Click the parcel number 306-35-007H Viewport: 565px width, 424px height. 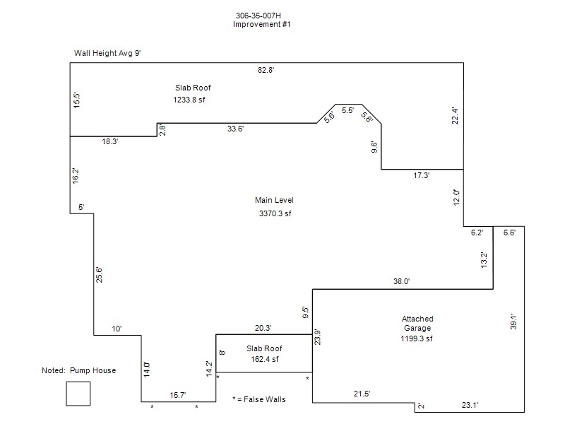coord(258,16)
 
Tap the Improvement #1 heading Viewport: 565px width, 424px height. coord(261,24)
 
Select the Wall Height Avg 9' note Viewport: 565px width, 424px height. coord(107,53)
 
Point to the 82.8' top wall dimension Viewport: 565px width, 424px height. coord(266,70)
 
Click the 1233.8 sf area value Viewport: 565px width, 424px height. coord(189,100)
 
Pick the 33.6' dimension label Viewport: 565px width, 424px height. coord(236,129)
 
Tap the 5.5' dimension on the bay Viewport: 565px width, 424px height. coord(347,110)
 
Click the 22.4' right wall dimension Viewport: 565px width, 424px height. coord(455,116)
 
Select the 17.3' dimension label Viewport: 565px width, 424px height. coord(421,175)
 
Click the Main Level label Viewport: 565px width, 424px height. coord(274,200)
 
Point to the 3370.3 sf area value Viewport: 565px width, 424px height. coord(275,213)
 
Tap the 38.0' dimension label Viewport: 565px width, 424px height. coord(401,281)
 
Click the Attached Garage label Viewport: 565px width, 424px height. coord(417,324)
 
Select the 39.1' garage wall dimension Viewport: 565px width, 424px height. coord(513,322)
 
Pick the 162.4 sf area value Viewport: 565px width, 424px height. coord(265,359)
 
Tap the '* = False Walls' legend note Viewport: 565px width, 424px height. coord(259,399)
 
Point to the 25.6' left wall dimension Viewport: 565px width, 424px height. coord(99,275)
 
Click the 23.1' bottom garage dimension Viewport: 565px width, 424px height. coord(470,405)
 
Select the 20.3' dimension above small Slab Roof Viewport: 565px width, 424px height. coord(263,328)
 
